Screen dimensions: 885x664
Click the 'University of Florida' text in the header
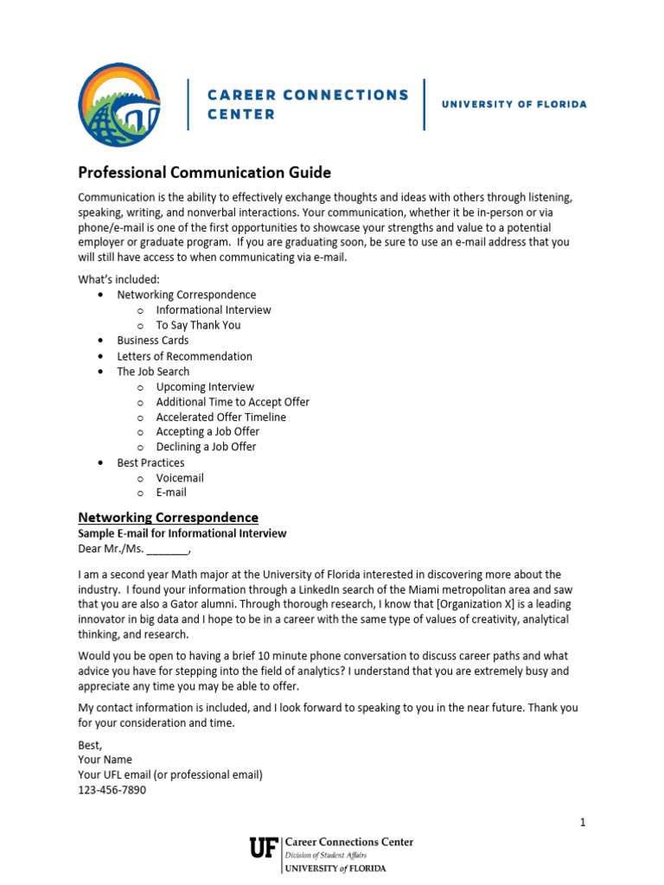click(x=514, y=105)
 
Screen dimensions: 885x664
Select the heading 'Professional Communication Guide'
click(x=205, y=173)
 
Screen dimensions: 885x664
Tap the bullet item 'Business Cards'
click(x=153, y=341)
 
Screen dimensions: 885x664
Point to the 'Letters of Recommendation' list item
click(x=185, y=356)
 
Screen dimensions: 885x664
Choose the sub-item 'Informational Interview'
click(x=214, y=309)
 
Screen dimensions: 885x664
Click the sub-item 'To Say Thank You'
click(x=198, y=325)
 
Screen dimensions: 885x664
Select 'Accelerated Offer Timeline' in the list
click(x=220, y=417)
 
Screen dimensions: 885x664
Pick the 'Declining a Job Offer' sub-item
click(x=206, y=447)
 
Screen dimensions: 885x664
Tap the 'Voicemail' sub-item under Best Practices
click(x=180, y=478)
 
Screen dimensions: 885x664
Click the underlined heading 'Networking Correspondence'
click(x=169, y=518)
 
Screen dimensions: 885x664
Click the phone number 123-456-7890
click(x=112, y=790)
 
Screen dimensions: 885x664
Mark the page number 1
click(x=584, y=823)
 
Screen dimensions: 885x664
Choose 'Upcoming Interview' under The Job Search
click(x=205, y=386)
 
